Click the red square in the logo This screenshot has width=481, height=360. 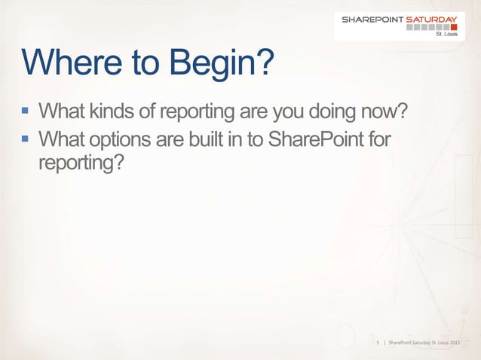click(x=454, y=28)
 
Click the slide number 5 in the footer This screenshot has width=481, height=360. click(x=377, y=343)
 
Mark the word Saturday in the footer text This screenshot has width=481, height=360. click(x=419, y=343)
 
